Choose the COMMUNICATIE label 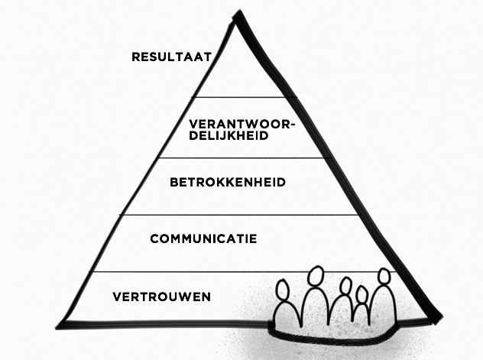[203, 239]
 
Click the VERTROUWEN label [161, 296]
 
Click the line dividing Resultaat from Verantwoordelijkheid [237, 97]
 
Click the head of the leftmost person [283, 292]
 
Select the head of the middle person [345, 287]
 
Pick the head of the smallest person [362, 294]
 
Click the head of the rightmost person [384, 276]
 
